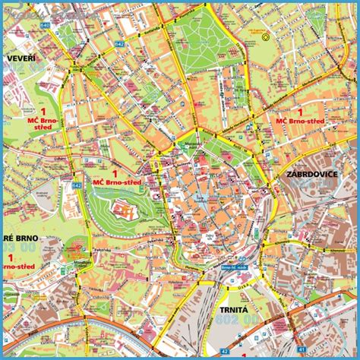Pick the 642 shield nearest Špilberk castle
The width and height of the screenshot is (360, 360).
click(x=77, y=185)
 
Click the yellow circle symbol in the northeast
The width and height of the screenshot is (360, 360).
click(x=265, y=36)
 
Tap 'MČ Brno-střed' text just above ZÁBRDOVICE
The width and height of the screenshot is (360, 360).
click(x=301, y=121)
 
